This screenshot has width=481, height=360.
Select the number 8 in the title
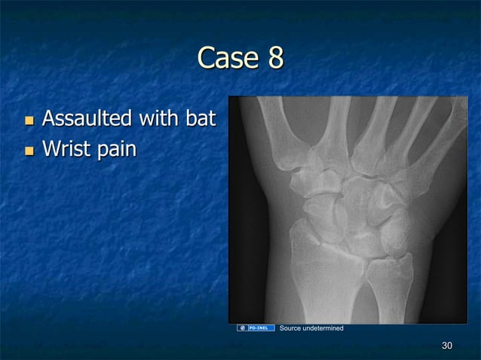[274, 59]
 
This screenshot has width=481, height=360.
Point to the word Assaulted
[86, 119]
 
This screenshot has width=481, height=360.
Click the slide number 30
[447, 346]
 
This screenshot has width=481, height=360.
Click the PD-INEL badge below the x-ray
[256, 328]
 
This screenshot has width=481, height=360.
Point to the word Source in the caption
[291, 328]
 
